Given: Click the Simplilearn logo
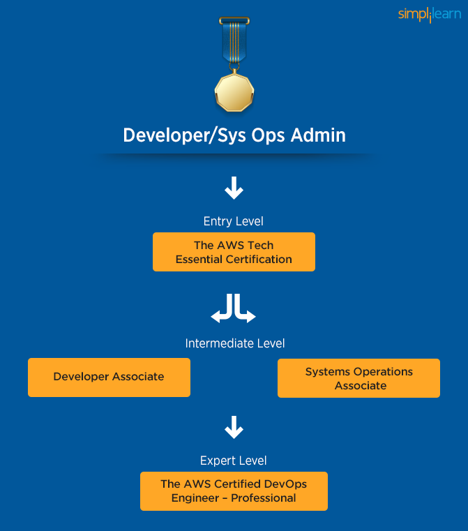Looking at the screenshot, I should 429,15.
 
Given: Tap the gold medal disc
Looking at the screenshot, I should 234,91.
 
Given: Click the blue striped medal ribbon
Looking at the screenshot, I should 234,42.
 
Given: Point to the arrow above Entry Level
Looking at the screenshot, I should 234,188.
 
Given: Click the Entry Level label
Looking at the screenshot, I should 234,221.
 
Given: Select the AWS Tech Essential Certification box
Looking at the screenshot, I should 234,252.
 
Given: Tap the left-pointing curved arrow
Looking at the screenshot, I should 222,310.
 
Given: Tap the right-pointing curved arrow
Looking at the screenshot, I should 245,310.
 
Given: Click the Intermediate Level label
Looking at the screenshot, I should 235,343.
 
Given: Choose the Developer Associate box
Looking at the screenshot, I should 109,377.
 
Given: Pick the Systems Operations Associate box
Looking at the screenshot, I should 358,378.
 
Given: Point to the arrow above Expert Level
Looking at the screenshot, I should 234,427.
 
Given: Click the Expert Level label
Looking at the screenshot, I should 234,461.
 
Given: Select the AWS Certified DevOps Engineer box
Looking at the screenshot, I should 234,491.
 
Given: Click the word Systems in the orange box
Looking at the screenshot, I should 329,371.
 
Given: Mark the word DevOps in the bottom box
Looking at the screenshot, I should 286,484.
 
